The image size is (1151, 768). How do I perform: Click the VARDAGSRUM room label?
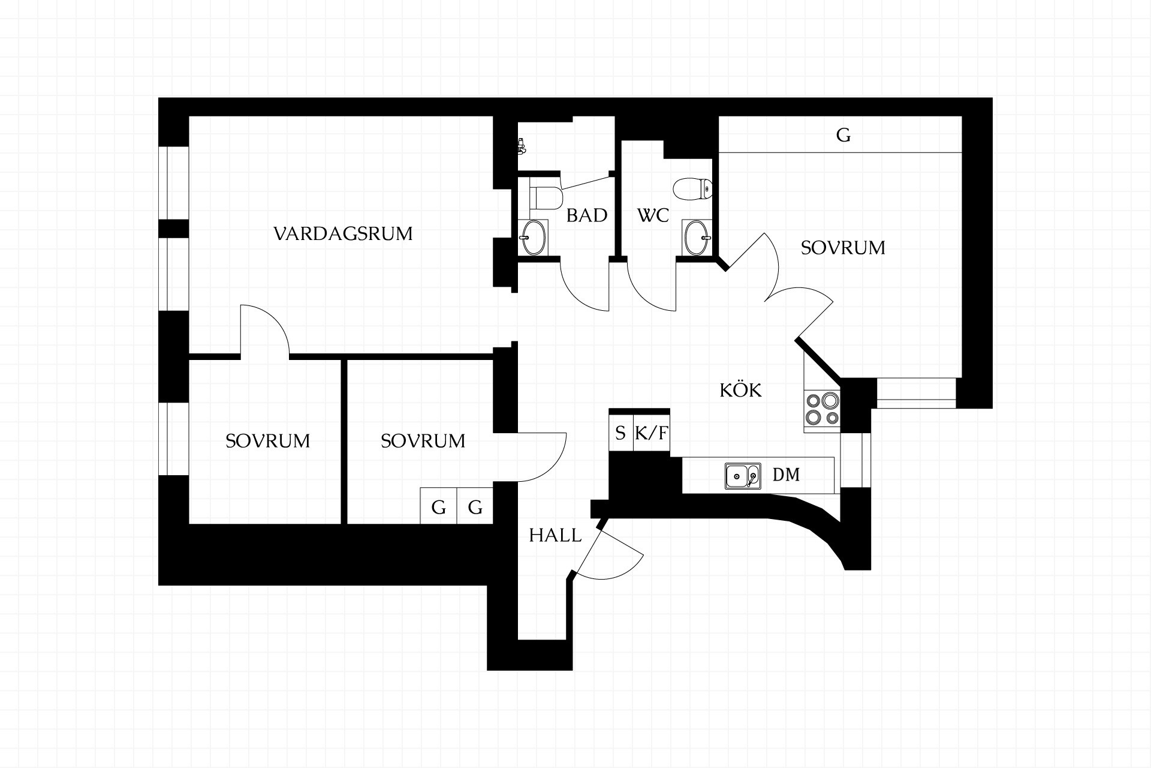point(343,233)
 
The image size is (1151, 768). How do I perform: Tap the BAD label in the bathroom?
point(587,215)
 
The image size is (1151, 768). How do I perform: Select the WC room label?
point(653,215)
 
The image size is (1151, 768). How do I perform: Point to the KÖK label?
point(740,390)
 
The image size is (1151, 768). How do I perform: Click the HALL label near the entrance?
point(555,535)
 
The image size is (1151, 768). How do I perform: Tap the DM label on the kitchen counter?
point(786,475)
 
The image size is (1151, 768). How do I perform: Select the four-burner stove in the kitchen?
point(822,409)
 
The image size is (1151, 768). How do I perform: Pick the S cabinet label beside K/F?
point(620,433)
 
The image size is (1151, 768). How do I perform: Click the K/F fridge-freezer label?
point(651,433)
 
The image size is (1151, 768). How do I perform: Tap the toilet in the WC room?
point(692,188)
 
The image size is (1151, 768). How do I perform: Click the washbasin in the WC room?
point(697,238)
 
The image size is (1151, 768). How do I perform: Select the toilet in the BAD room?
point(546,197)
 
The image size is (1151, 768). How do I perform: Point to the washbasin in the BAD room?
point(533,237)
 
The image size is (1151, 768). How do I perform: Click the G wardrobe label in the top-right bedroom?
point(843,135)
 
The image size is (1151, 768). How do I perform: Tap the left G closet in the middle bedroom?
point(439,508)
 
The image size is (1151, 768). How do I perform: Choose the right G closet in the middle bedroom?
point(475,508)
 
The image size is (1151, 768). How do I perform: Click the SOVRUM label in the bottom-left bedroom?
point(267,441)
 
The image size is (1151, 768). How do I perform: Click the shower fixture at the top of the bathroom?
point(522,146)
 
